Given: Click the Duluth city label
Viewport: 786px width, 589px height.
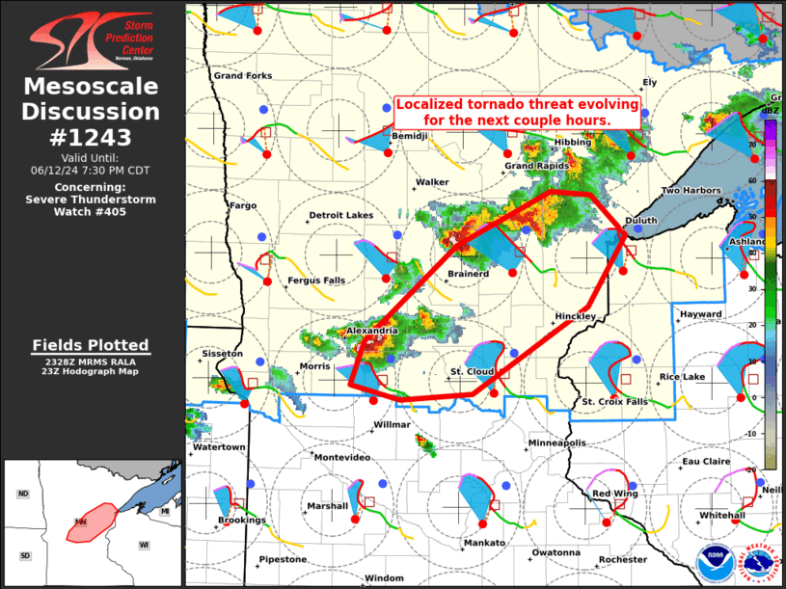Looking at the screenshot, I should [641, 221].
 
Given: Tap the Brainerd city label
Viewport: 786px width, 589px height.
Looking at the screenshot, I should [468, 274].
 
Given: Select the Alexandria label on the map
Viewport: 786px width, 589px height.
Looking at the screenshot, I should [371, 331].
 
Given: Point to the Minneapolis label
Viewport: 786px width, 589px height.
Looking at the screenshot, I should [556, 443].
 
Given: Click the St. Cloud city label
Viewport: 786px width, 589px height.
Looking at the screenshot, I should [473, 371].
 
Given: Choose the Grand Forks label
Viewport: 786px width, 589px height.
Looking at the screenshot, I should [242, 75].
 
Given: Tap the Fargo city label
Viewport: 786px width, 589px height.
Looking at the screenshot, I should [242, 205].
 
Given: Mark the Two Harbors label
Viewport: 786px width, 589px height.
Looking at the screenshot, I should [691, 191].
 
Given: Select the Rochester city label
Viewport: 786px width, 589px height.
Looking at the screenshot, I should [622, 560].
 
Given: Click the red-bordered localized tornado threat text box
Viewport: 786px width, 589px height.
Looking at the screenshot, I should [517, 112].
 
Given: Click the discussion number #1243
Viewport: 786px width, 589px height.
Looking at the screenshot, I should [91, 136].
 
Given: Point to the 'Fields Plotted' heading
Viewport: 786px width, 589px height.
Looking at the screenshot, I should [91, 344].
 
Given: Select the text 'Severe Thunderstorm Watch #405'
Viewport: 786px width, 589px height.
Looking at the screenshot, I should [91, 205].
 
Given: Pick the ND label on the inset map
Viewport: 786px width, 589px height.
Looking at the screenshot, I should [23, 494].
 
